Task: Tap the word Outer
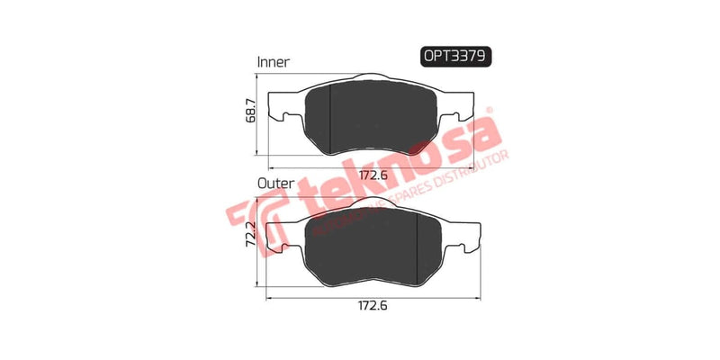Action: tap(274, 182)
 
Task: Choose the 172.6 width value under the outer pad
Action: tap(369, 306)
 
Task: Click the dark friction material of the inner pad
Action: tap(378, 117)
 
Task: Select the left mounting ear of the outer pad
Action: tap(286, 237)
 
